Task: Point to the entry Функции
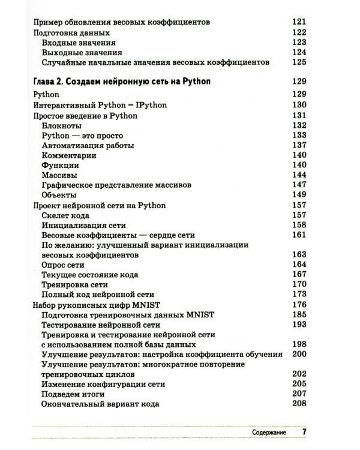coord(60,165)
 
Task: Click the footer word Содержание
coord(268,432)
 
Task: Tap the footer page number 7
coord(304,432)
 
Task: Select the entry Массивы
coord(59,175)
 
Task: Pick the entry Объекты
coord(59,195)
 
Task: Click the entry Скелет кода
coord(65,215)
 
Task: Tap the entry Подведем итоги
coord(73,394)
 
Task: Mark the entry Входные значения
coord(79,43)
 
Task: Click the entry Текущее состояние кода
coord(89,275)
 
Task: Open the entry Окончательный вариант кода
coord(100,404)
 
